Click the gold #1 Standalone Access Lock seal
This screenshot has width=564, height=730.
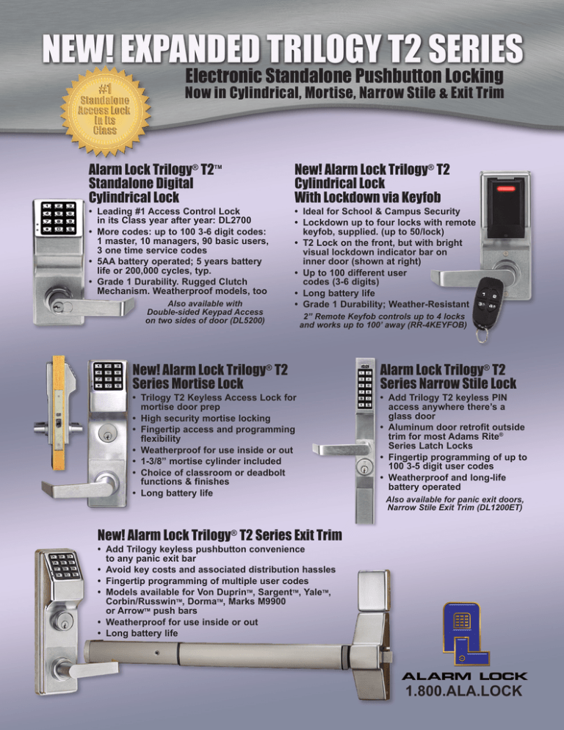coord(106,110)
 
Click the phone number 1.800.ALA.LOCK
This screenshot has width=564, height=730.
coord(464,691)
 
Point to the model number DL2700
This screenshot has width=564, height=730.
coord(235,220)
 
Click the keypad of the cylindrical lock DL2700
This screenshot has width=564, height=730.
coord(59,217)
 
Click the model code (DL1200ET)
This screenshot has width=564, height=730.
coord(499,508)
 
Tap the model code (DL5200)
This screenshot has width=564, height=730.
coord(245,321)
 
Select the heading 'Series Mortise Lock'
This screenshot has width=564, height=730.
coord(188,383)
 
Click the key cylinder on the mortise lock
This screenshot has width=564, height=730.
coord(107,436)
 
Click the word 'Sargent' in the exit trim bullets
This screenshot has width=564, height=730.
coord(275,592)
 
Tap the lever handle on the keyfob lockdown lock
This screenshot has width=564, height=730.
coord(468,278)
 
